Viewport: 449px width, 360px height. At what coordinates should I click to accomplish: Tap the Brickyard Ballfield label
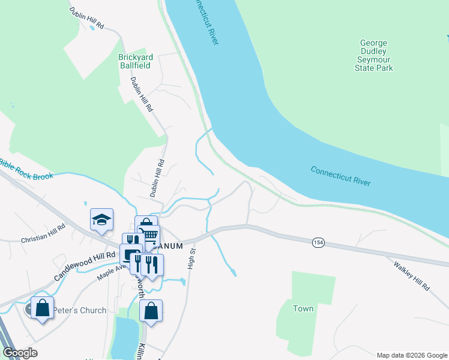[136, 61]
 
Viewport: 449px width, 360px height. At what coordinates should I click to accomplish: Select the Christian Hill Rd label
[43, 235]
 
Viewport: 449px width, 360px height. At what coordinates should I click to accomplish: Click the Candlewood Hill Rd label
[85, 266]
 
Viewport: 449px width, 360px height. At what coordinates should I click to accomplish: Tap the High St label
[191, 258]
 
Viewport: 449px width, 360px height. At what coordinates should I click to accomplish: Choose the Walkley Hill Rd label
[412, 277]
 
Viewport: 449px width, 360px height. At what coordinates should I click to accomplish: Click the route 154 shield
[318, 242]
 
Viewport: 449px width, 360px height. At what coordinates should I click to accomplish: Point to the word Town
[303, 308]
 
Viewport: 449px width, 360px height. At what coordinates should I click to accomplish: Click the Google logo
[20, 353]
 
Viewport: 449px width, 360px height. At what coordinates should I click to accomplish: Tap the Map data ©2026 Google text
[412, 355]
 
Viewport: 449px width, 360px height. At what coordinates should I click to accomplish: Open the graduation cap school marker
[101, 220]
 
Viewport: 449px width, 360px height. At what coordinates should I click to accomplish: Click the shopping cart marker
[148, 235]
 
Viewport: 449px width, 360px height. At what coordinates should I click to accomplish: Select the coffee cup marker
[130, 254]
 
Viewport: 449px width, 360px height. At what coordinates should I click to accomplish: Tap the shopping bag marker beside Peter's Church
[43, 308]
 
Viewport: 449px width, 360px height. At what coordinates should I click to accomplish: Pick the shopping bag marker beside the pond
[151, 311]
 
